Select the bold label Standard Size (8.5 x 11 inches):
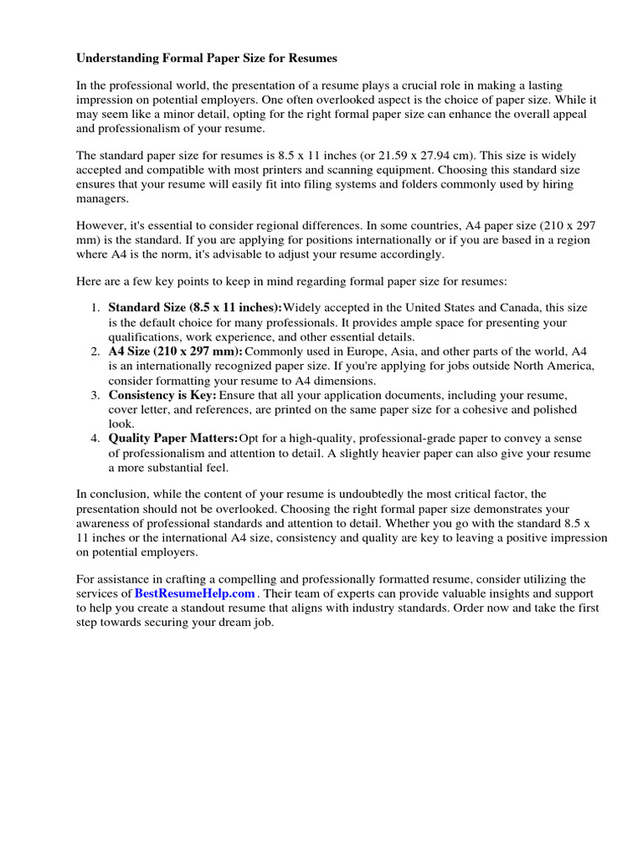195,308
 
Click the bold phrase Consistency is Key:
162,395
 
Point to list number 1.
95,308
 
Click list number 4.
95,439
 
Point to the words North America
556,367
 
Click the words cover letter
140,410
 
